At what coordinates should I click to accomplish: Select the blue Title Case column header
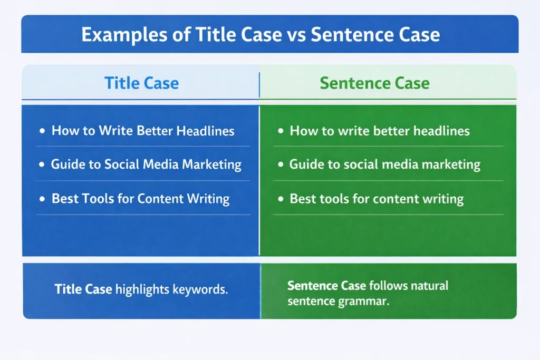(x=141, y=83)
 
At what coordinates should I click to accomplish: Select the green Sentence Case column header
(x=374, y=83)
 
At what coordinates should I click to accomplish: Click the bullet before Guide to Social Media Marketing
(x=42, y=165)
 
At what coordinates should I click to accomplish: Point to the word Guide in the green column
(x=304, y=164)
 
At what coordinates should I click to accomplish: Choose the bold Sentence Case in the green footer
(x=326, y=286)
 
